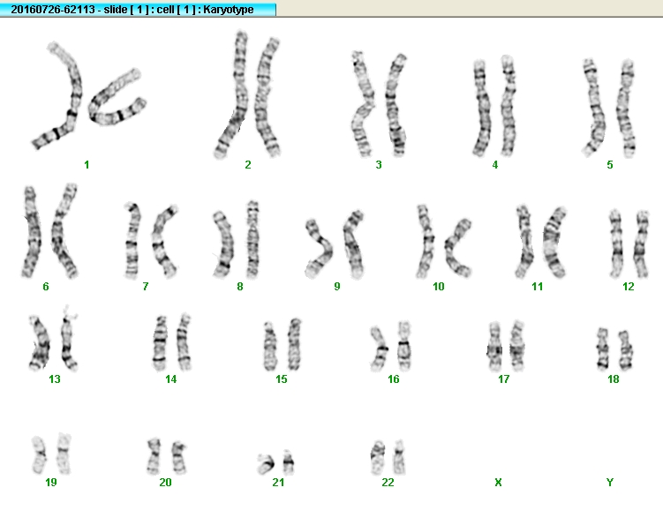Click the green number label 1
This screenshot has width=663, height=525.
coord(87,165)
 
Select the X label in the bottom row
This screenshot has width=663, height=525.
coord(498,483)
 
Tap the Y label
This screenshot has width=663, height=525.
coord(610,483)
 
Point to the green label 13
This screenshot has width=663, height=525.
coord(55,379)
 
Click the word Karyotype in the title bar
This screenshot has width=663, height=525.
coord(229,10)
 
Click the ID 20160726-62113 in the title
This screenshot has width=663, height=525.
coord(53,10)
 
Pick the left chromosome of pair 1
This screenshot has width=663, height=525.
coord(63,101)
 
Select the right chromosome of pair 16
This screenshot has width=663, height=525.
coord(404,347)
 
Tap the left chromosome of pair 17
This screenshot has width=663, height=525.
coord(494,347)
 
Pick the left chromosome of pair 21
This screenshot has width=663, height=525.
coord(266,464)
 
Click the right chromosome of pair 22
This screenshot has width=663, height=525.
coord(399,457)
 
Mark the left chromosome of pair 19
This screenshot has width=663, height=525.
coord(40,454)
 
